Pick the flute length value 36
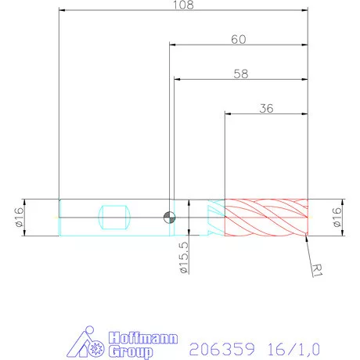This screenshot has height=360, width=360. pos(265,110)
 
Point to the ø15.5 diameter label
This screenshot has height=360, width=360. pos(184,258)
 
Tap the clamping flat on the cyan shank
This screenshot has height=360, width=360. pos(115,217)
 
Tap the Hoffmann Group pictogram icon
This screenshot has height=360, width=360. pos(86,344)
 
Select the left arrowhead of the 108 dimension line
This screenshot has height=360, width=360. pos(62,11)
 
